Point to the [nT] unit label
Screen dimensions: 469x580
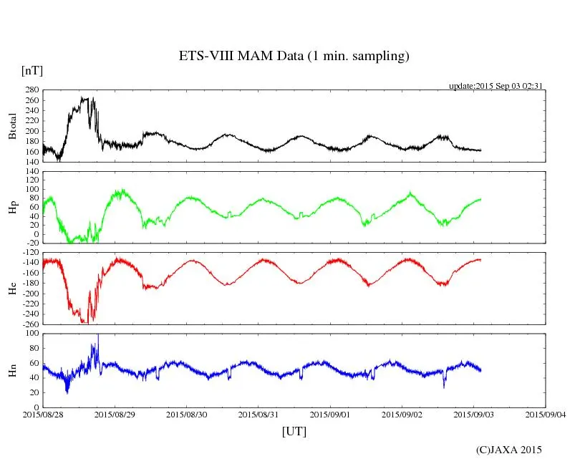click(32, 71)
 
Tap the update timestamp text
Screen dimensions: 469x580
click(497, 86)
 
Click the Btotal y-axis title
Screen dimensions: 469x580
click(12, 127)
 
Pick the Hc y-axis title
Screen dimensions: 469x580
click(12, 289)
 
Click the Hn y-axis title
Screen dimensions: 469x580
click(12, 370)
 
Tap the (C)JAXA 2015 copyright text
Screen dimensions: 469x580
click(508, 450)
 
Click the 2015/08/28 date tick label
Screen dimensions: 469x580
click(43, 414)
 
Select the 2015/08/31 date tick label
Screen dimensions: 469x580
click(258, 414)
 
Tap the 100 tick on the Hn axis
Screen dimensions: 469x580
click(32, 334)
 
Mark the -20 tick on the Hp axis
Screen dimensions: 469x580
click(32, 243)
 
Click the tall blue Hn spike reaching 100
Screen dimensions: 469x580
click(98, 337)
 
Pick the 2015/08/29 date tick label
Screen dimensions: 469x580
click(115, 414)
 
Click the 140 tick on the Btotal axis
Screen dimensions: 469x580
click(32, 162)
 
